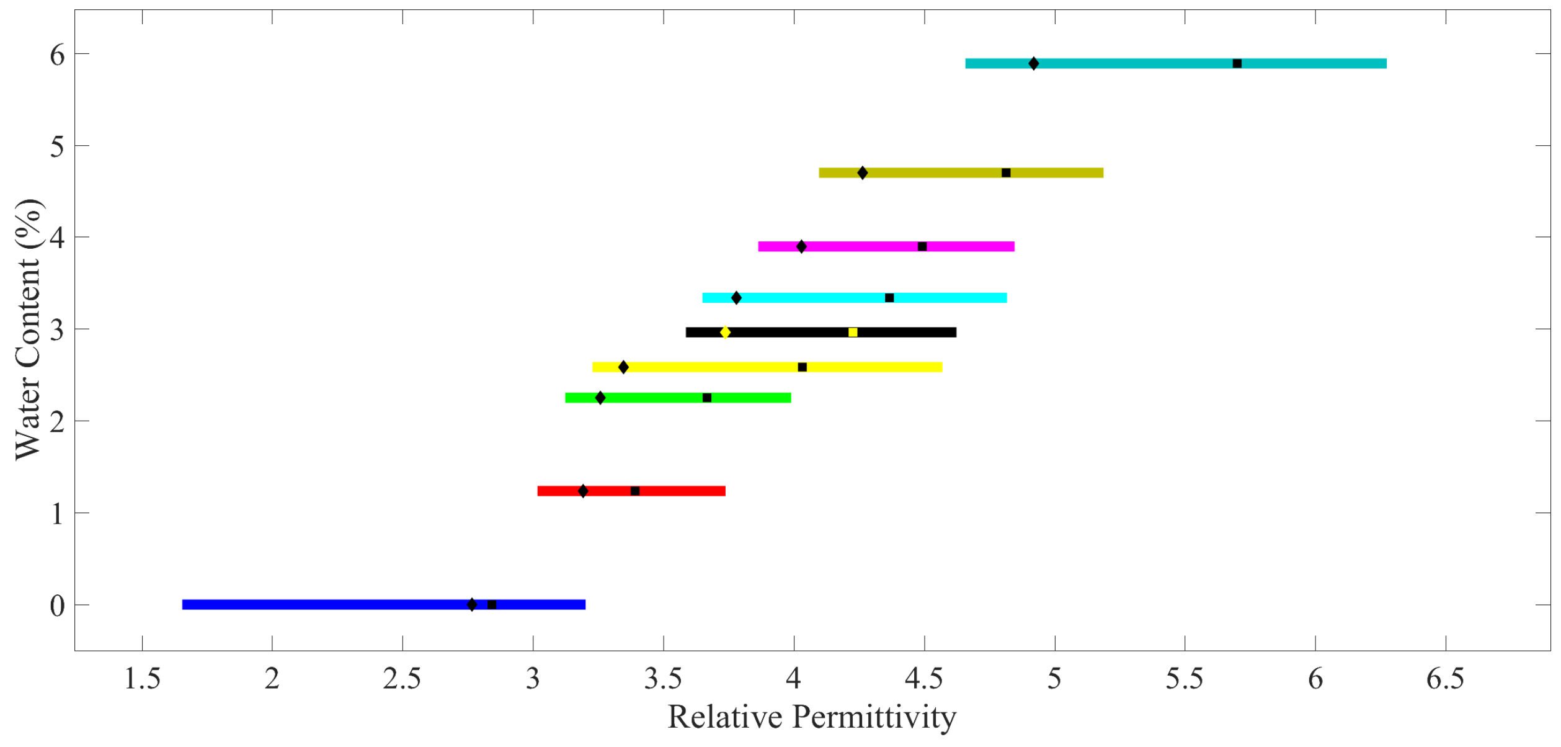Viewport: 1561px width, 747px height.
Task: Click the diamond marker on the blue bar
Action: point(472,605)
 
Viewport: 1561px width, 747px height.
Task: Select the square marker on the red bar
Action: point(635,491)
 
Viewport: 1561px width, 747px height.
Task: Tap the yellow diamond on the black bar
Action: point(725,333)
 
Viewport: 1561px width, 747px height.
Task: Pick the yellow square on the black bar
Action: point(853,333)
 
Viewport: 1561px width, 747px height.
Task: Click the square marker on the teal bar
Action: point(1237,64)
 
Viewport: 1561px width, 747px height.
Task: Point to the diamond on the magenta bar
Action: point(801,247)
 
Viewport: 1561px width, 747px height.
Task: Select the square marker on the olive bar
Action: point(1006,173)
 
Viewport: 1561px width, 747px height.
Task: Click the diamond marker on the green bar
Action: point(600,398)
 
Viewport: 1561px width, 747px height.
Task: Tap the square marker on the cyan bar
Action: point(889,298)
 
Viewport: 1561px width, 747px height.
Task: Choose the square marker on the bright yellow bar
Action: point(802,367)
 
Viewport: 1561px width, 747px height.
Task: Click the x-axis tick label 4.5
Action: point(924,679)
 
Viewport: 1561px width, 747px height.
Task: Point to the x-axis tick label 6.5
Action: point(1446,679)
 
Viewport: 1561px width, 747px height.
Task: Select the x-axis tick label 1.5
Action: point(142,679)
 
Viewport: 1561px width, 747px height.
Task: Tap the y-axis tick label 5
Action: point(57,148)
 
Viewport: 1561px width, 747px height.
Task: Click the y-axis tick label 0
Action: point(57,606)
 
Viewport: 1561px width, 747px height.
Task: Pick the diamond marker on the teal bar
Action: point(1033,64)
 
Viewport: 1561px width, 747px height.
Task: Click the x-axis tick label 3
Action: point(533,679)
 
